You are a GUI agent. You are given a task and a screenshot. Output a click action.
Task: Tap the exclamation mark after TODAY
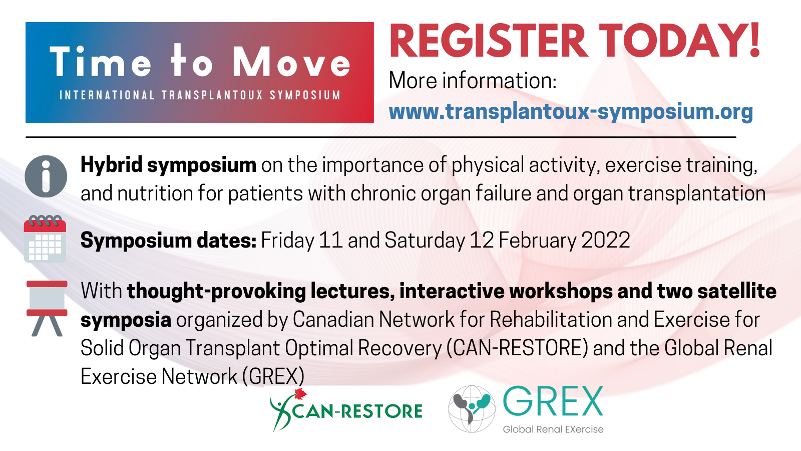point(754,41)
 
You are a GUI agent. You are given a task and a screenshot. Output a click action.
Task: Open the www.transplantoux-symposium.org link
point(571,112)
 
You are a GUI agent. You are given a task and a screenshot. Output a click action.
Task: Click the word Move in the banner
point(291,62)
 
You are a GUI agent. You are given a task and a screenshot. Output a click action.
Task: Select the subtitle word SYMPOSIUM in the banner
point(305,95)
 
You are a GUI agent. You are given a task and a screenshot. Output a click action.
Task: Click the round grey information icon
point(46,176)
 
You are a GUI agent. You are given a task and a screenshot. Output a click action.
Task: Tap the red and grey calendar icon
point(45,239)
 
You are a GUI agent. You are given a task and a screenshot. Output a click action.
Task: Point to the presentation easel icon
point(47,308)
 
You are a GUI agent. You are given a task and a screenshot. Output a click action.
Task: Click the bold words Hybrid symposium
point(168,165)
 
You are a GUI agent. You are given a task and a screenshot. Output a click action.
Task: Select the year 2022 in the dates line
point(606,240)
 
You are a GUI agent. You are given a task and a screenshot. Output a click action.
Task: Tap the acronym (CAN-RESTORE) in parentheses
point(517,348)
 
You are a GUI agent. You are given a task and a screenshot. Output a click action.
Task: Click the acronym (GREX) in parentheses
point(273,377)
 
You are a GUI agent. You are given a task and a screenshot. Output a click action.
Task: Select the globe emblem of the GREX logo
point(472,409)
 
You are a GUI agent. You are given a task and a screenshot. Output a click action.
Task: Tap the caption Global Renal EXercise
point(553,429)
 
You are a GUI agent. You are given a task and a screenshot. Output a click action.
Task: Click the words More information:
point(473,81)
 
